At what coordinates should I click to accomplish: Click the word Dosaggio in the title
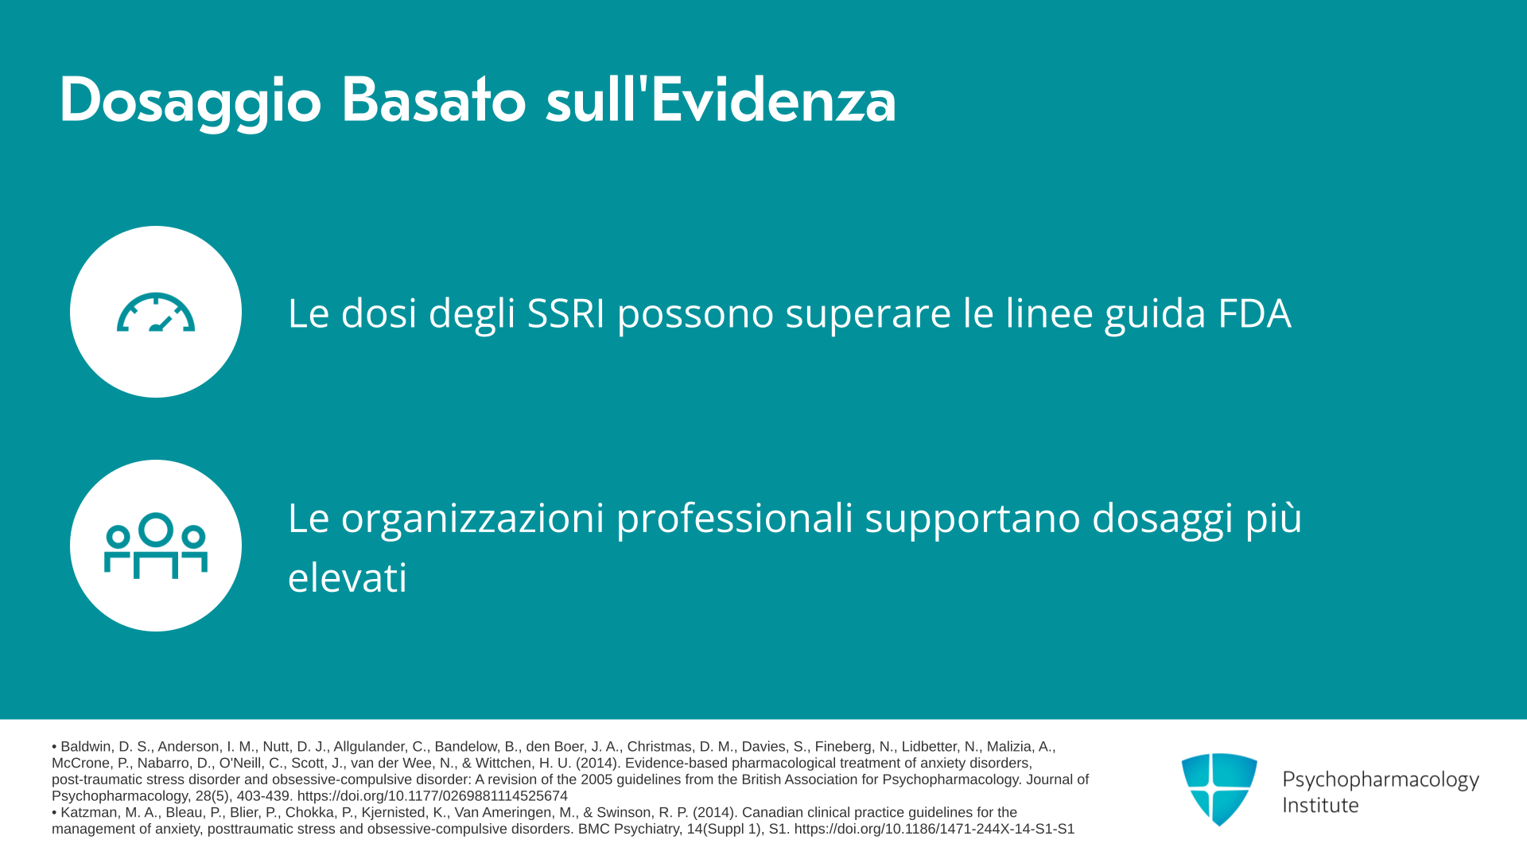click(190, 101)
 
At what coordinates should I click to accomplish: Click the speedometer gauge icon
click(156, 313)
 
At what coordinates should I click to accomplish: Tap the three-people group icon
click(156, 546)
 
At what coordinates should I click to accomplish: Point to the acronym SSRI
click(566, 313)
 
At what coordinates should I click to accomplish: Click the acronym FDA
click(1254, 313)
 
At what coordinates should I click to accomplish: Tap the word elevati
click(348, 577)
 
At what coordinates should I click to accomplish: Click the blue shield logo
click(1219, 789)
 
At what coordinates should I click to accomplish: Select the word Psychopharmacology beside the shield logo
click(1381, 780)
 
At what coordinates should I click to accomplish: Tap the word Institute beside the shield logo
click(1320, 805)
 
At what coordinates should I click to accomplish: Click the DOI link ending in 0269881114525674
click(433, 796)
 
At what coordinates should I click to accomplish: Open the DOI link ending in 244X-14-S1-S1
click(934, 829)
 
